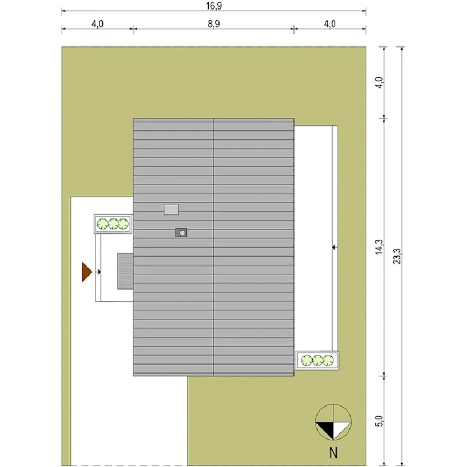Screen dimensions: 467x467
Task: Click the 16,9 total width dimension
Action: click(213, 6)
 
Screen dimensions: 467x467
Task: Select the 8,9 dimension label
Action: click(213, 24)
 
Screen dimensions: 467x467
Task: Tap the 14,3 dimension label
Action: click(379, 247)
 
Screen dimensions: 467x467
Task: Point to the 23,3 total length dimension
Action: click(397, 256)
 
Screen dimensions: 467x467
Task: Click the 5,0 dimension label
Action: click(379, 421)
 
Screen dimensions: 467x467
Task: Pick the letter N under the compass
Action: click(333, 452)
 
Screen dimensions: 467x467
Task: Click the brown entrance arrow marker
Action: click(87, 272)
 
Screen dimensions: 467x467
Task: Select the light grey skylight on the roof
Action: click(171, 209)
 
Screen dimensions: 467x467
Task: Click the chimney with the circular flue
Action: click(181, 233)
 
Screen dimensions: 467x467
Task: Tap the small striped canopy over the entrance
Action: click(125, 271)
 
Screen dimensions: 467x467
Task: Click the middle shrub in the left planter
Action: click(113, 224)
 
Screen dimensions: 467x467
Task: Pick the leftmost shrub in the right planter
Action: click(307, 360)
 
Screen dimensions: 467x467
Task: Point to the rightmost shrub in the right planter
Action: click(328, 360)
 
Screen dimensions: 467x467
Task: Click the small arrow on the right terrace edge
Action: click(335, 247)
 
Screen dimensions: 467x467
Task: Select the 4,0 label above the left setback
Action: click(97, 24)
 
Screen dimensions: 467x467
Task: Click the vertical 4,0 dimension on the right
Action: click(379, 83)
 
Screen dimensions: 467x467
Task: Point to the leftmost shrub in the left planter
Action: click(102, 224)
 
